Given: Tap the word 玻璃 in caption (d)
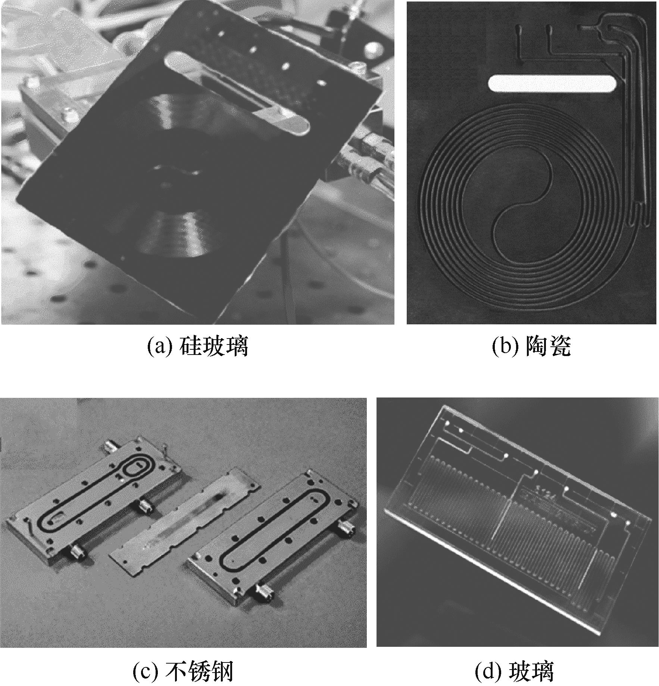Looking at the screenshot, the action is point(531,671).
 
